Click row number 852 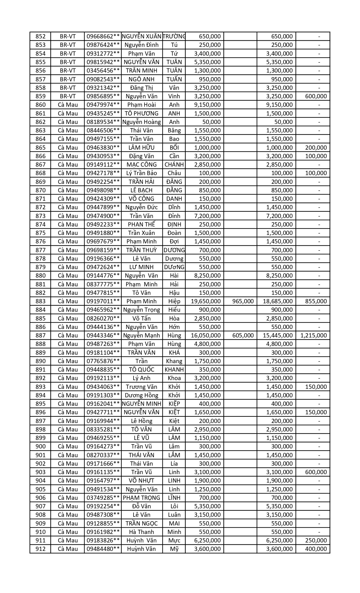(40, 36)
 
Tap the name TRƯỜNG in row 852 (174, 36)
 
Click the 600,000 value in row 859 (316, 96)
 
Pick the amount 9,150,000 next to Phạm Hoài (208, 105)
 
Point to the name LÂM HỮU (141, 147)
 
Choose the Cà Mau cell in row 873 (68, 216)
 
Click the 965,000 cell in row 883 (243, 301)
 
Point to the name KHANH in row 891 (174, 370)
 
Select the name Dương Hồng (141, 395)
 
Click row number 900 (40, 446)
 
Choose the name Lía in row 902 (174, 464)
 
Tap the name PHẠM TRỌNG (141, 498)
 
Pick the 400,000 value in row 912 (316, 549)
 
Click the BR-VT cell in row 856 (68, 71)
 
